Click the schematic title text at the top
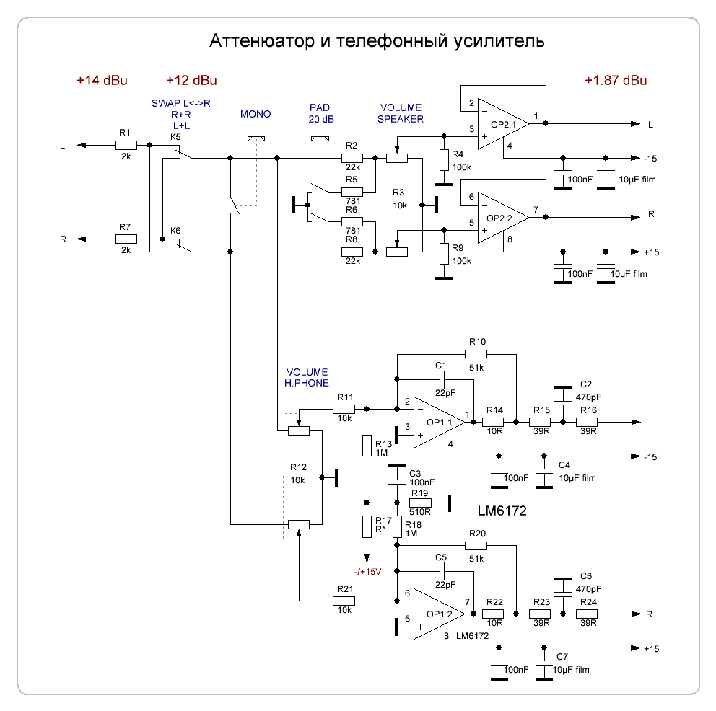pos(377,40)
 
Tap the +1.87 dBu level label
pos(616,80)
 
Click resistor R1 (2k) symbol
pos(126,145)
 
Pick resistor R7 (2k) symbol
pos(126,239)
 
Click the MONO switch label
pos(256,115)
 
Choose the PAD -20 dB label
pos(318,112)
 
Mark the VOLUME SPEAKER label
pos(401,113)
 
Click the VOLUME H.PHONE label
pos(307,378)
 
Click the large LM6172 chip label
pos(502,511)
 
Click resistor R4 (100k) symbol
pos(442,160)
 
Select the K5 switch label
pos(175,136)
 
